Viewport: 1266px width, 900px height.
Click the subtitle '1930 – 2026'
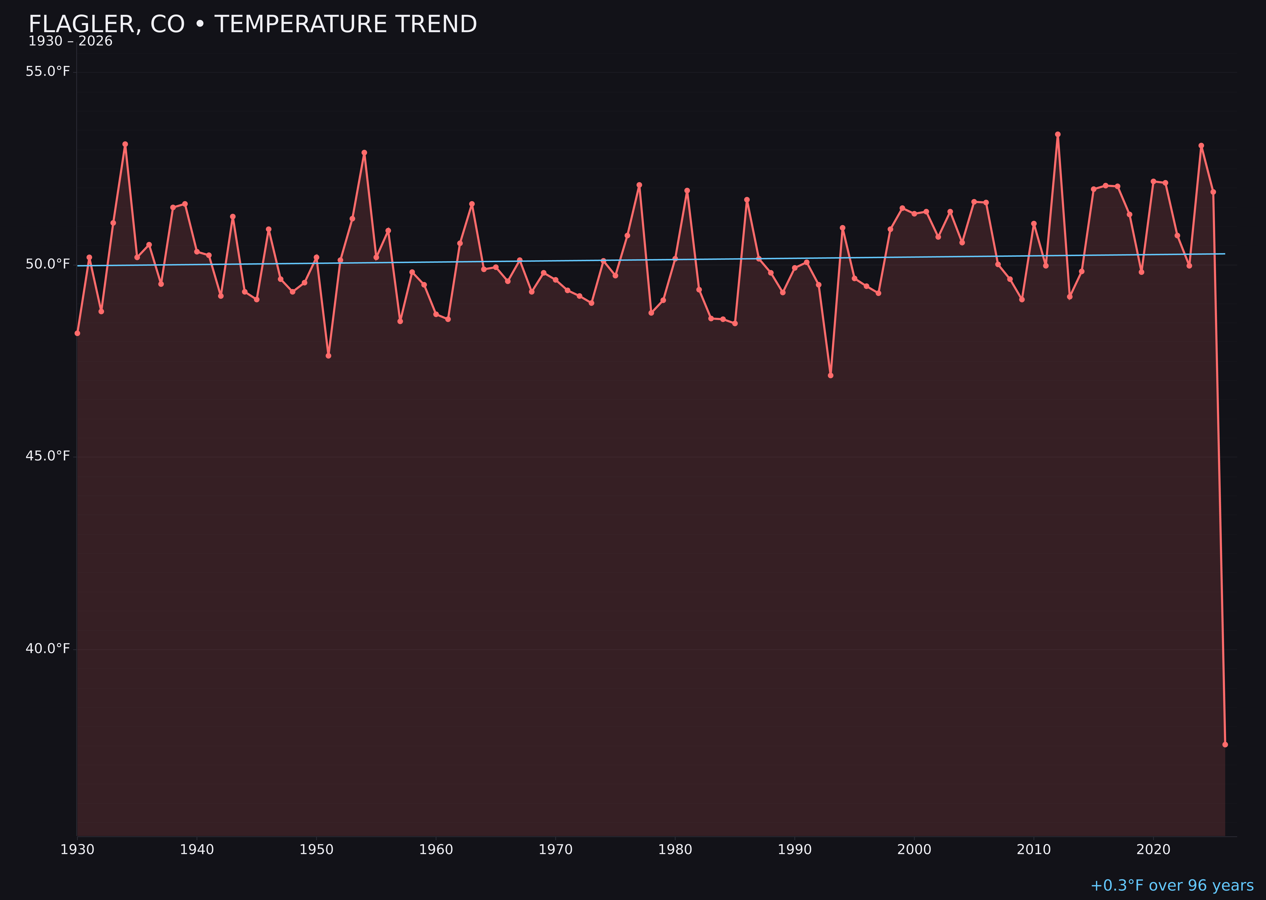(x=70, y=41)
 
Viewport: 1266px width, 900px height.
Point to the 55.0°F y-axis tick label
(x=48, y=72)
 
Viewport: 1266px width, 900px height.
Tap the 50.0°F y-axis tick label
(x=48, y=264)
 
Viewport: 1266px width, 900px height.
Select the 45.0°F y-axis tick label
(x=48, y=456)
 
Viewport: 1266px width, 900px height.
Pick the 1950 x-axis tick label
(x=316, y=850)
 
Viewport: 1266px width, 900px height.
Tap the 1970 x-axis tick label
(x=555, y=850)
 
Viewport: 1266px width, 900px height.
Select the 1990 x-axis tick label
(x=794, y=850)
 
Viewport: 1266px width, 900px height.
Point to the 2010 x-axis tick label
(x=1034, y=850)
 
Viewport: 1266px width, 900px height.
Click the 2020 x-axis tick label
(x=1153, y=850)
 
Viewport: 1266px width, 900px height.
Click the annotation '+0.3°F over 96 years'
(x=1172, y=885)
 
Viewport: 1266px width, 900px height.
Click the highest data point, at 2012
(x=1058, y=134)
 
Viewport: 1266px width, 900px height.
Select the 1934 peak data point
(x=125, y=144)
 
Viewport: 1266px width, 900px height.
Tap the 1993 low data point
(x=830, y=376)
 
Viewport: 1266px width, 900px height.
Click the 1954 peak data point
(x=364, y=153)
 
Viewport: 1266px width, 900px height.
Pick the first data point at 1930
(x=78, y=333)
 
